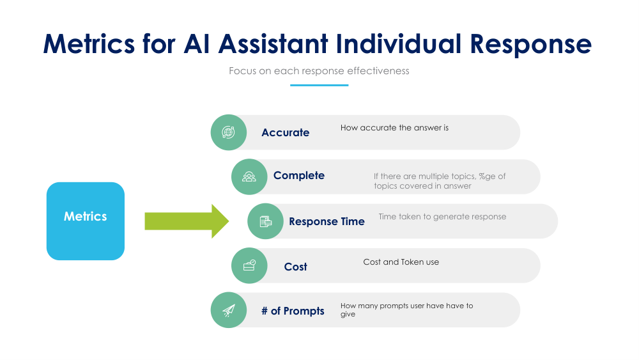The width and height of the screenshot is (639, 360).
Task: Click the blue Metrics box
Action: (x=86, y=221)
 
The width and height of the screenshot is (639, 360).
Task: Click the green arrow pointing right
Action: (x=187, y=221)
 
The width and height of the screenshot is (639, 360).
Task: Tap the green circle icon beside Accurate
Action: (x=229, y=132)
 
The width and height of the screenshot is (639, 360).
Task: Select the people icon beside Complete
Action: (x=249, y=176)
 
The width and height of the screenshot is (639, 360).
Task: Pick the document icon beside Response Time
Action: (x=265, y=221)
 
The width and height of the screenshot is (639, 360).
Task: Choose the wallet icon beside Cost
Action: (x=249, y=265)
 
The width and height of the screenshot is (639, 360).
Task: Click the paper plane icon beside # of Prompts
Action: (x=229, y=310)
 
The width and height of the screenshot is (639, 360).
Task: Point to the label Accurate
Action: (x=285, y=132)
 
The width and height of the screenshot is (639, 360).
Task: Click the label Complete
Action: (x=298, y=175)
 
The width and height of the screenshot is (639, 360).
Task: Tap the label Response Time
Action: (x=327, y=221)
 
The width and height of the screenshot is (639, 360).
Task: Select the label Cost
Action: (x=295, y=267)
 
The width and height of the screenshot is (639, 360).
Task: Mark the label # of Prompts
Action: (x=293, y=311)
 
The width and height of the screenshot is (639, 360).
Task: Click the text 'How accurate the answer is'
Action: (x=394, y=128)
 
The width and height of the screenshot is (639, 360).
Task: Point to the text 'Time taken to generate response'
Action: (x=442, y=217)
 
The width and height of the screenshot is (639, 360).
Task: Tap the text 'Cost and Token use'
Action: (x=401, y=262)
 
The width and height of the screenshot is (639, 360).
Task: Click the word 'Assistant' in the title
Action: (x=273, y=43)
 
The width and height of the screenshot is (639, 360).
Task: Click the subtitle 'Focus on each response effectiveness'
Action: (x=319, y=71)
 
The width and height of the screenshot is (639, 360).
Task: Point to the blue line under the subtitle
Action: (x=319, y=85)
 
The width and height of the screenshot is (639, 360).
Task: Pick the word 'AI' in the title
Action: (x=196, y=43)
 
